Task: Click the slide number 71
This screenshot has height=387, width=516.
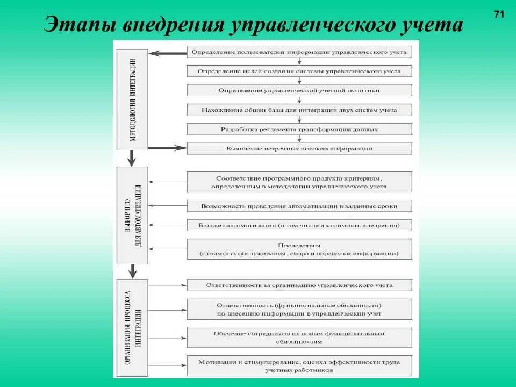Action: [x=498, y=15]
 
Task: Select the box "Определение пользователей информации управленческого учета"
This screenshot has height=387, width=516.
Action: [x=299, y=52]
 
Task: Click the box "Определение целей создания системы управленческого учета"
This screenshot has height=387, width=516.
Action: [x=299, y=71]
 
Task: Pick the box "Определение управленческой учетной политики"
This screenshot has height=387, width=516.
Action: [x=299, y=90]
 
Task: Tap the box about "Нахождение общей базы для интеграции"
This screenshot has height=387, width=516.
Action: [x=299, y=110]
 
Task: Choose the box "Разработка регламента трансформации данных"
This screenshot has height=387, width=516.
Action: [x=299, y=129]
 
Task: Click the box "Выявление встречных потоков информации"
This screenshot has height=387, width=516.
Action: [x=299, y=148]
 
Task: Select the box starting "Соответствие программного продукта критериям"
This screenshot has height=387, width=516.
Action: [x=299, y=182]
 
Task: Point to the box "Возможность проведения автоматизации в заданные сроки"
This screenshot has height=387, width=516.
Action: [x=299, y=206]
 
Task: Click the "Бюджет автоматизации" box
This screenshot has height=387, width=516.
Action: [x=299, y=225]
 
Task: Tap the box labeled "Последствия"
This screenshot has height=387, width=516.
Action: [x=299, y=249]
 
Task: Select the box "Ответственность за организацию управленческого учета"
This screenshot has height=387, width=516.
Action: [x=299, y=285]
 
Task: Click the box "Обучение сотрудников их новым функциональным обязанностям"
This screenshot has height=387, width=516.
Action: [x=299, y=337]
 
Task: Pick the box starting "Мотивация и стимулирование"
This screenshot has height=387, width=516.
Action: [x=299, y=365]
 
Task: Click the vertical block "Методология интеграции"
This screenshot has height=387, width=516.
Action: [x=132, y=97]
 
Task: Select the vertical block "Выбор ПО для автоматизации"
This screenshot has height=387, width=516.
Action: [x=132, y=215]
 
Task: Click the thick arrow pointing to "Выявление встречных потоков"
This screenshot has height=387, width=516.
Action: [x=167, y=148]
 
